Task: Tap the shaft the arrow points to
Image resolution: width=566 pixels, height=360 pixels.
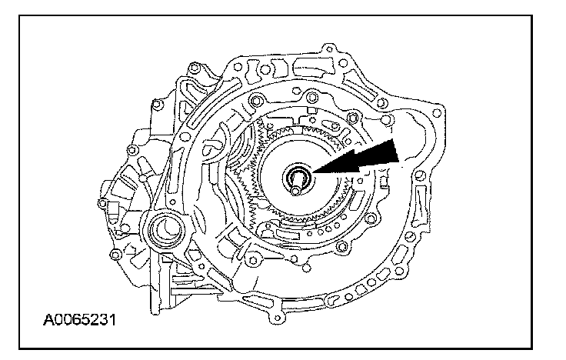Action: click(x=297, y=180)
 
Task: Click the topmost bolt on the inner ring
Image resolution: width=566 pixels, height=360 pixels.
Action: click(x=311, y=98)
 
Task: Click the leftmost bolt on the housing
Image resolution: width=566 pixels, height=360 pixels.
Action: click(x=102, y=203)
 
